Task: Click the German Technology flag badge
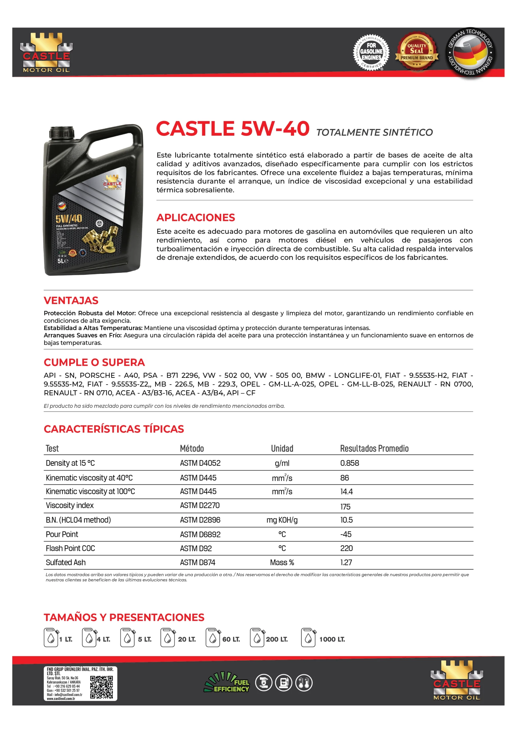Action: pyautogui.click(x=470, y=52)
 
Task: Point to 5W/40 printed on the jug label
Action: pyautogui.click(x=69, y=218)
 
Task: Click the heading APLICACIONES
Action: pyautogui.click(x=196, y=218)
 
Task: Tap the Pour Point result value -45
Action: pyautogui.click(x=346, y=534)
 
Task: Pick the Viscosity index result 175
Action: pyautogui.click(x=345, y=507)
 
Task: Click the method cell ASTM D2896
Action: pyautogui.click(x=200, y=520)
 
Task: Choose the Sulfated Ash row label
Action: pyautogui.click(x=66, y=562)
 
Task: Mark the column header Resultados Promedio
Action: pyautogui.click(x=374, y=448)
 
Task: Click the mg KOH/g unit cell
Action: pyautogui.click(x=282, y=520)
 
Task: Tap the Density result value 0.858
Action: pyautogui.click(x=349, y=463)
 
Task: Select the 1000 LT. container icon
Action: pyautogui.click(x=308, y=637)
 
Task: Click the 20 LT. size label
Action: pyautogui.click(x=187, y=639)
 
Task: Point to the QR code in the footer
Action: pyautogui.click(x=101, y=687)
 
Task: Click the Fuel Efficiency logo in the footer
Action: pyautogui.click(x=227, y=682)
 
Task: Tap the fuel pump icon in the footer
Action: pyautogui.click(x=282, y=683)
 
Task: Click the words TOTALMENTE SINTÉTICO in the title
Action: pyautogui.click(x=374, y=132)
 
